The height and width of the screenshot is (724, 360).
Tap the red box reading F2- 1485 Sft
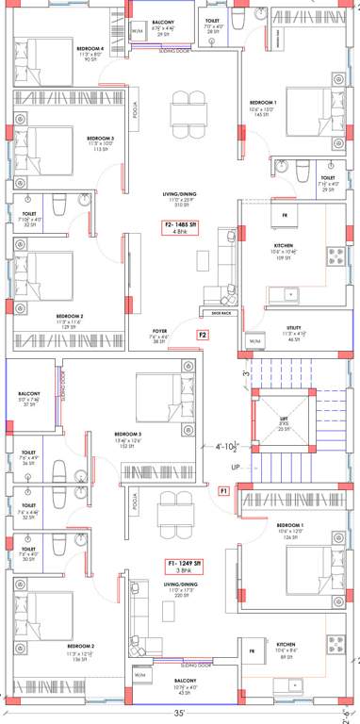(x=179, y=225)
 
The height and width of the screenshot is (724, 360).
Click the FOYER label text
(x=159, y=331)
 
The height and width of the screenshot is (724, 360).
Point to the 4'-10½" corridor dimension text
(x=228, y=446)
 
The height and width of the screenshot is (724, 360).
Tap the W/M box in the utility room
(x=254, y=340)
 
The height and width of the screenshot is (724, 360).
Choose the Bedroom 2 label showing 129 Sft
(x=69, y=321)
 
